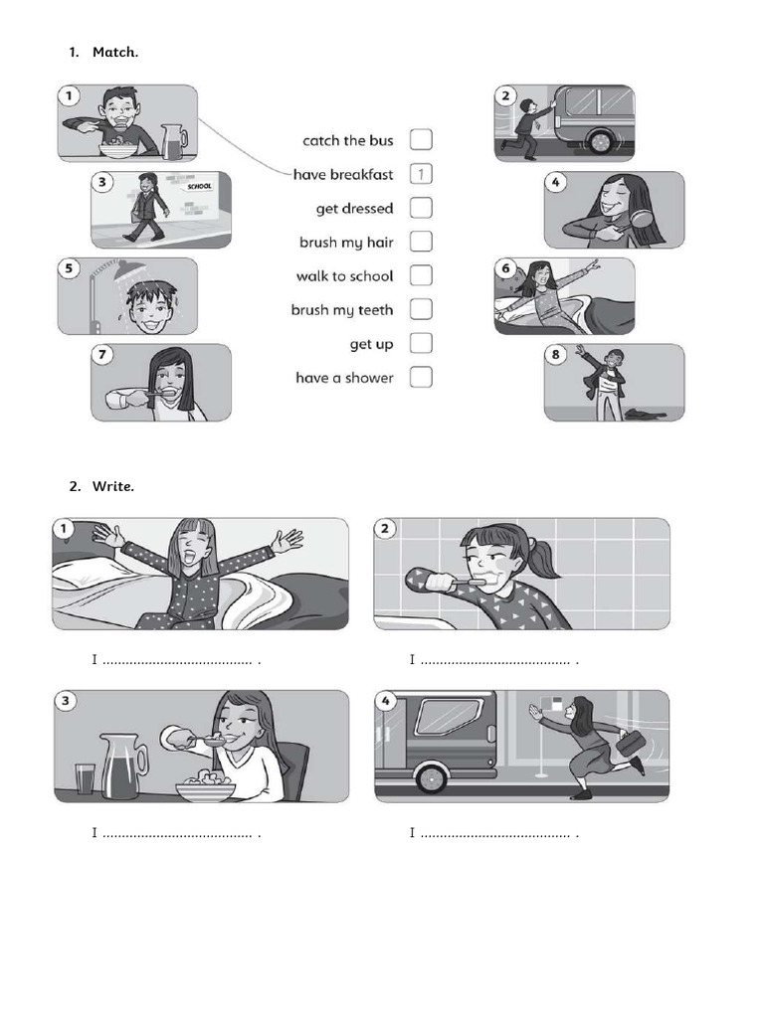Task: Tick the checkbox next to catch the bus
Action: (421, 140)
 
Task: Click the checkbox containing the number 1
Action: (421, 174)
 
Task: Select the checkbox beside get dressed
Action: (421, 208)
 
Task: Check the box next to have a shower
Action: (421, 377)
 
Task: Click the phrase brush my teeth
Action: (341, 310)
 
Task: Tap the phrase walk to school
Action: (344, 276)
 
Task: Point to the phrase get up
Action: (370, 344)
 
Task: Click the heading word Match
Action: (114, 52)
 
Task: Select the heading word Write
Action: (112, 486)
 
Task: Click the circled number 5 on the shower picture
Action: (68, 269)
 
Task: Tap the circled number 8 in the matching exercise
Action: (555, 355)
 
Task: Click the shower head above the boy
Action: (125, 269)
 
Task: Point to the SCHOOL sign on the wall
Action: (200, 186)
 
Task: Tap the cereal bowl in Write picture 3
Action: (206, 788)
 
